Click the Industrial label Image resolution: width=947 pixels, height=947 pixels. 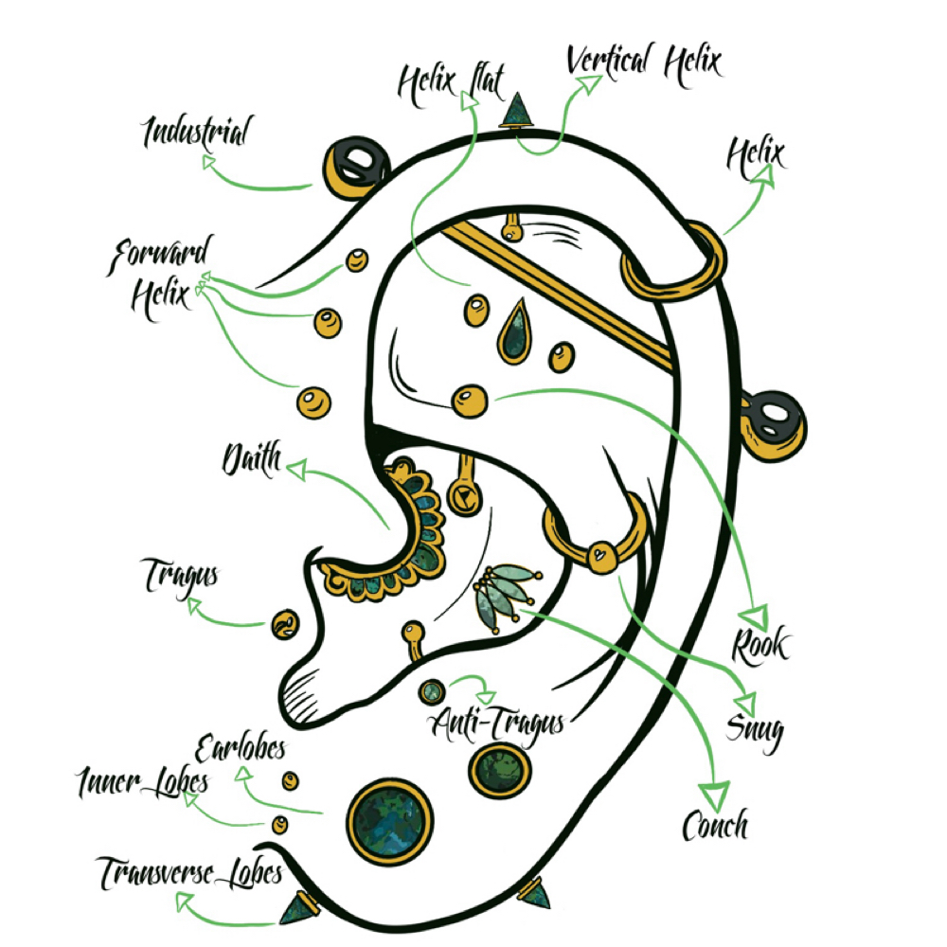[197, 133]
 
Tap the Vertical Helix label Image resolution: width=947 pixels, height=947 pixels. [644, 64]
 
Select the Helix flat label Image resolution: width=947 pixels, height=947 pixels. [451, 84]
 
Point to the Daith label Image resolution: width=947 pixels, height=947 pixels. [252, 459]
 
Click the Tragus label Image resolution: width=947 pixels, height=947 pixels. [180, 578]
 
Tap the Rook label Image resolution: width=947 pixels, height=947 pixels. [760, 646]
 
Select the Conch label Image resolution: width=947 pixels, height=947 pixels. [715, 825]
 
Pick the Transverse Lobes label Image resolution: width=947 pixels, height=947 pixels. [189, 873]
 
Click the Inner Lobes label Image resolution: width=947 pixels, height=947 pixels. [143, 783]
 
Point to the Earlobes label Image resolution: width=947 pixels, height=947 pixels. [241, 749]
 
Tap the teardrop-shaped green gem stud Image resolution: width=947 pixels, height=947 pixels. [514, 332]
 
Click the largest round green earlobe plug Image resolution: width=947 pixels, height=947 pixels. [390, 822]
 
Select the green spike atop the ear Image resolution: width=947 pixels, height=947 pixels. [517, 111]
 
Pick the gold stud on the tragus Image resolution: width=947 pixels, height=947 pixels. [285, 625]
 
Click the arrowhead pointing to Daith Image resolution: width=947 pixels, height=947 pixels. [295, 470]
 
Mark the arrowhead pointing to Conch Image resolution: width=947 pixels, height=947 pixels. [715, 795]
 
